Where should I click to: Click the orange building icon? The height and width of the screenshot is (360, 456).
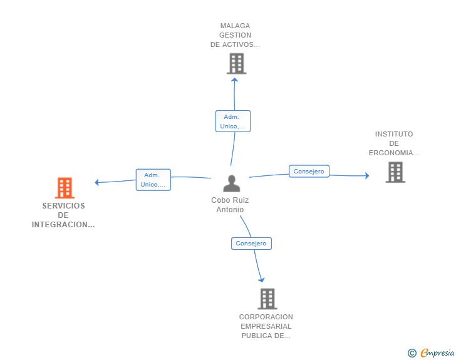65,188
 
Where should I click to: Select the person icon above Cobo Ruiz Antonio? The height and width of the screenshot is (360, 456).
232,183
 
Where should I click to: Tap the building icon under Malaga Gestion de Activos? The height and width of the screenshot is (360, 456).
236,64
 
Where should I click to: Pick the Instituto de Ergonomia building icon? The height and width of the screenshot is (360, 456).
395,172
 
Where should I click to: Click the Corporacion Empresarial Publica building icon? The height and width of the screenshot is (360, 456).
267,299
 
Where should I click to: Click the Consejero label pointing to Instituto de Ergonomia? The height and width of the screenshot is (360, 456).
309,171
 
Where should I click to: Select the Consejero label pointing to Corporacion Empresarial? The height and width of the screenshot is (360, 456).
251,243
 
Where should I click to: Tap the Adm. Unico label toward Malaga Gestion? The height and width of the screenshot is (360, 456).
232,121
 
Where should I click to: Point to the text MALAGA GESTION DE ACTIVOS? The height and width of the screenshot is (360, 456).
235,36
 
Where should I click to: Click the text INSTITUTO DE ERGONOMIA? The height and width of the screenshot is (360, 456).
394,143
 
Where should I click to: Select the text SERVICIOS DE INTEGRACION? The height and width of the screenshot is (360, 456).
63,215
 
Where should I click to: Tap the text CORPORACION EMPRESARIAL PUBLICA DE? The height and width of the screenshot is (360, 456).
266,326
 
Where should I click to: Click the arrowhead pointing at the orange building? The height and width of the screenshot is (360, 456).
97,182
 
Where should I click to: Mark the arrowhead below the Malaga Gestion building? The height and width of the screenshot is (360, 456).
235,80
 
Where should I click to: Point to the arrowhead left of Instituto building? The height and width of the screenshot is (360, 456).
366,176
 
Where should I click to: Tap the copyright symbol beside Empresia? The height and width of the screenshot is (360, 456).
412,353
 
